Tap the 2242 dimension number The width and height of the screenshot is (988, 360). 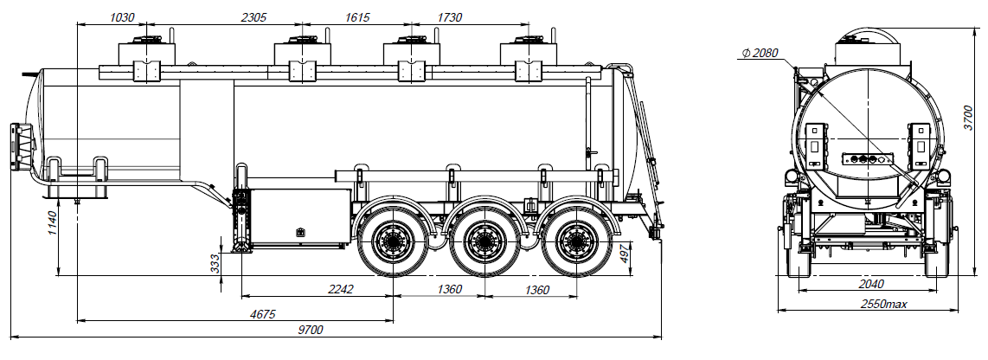[340, 289]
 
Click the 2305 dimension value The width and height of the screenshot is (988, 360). [253, 16]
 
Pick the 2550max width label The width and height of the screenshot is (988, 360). [882, 305]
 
